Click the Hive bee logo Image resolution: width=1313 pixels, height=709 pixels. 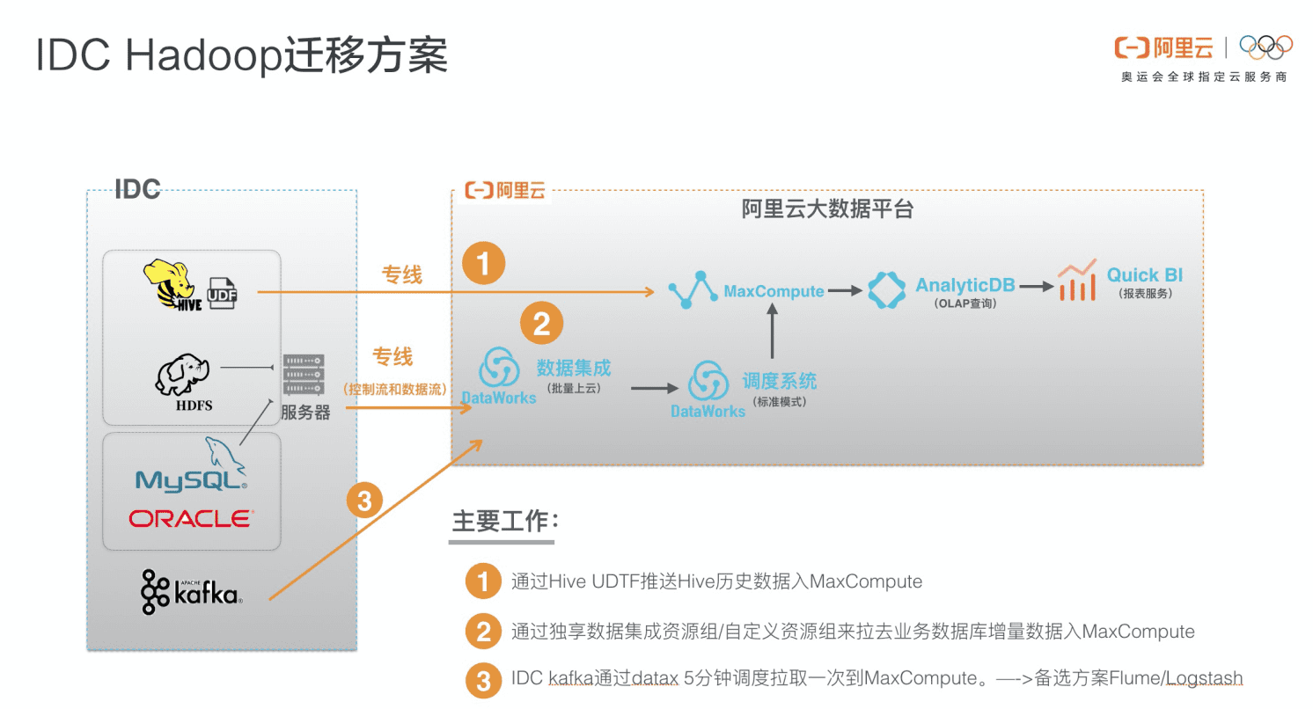pos(172,285)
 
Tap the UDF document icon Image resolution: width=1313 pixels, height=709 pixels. pos(222,293)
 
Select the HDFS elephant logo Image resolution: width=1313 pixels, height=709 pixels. pos(183,379)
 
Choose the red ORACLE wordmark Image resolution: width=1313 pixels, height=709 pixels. pos(191,518)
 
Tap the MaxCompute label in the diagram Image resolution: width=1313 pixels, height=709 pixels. pos(774,291)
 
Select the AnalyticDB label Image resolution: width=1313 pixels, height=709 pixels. pos(965,285)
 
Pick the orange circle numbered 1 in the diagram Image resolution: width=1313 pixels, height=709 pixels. pos(484,263)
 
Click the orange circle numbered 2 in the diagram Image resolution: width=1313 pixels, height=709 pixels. pos(541,325)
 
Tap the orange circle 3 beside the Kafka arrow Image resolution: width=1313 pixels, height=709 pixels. pos(364,501)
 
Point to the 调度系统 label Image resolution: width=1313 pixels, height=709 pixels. pos(779,381)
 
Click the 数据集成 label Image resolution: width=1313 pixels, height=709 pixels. pos(574,368)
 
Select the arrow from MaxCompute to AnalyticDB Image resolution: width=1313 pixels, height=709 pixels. pos(845,291)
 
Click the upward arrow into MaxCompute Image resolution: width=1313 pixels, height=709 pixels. pos(772,333)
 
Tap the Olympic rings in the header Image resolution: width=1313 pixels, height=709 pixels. pos(1265,47)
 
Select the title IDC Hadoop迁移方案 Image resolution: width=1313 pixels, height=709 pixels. pos(242,55)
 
